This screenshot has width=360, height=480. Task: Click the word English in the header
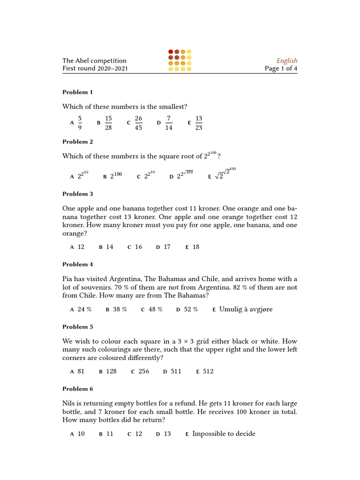coord(287,60)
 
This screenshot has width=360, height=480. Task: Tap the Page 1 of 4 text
coord(281,68)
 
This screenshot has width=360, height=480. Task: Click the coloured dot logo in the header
coord(180,60)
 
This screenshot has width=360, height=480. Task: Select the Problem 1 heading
coord(78,92)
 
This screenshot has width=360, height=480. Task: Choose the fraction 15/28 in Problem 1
coord(108,123)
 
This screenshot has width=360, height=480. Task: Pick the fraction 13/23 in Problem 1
coord(199,123)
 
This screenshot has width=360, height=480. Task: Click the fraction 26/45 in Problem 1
coord(138,123)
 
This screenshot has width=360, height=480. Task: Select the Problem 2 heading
coord(78,142)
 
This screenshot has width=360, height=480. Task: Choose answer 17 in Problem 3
coord(167,247)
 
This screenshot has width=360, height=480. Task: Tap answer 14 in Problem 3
coord(110,247)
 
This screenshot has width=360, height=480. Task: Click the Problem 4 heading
coord(78,264)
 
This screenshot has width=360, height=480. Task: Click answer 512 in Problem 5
coord(208,371)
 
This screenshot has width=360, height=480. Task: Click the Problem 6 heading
coord(78,389)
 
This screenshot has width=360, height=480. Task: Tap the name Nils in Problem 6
coord(69,404)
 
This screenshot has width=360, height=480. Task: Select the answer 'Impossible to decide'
coord(224,434)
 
